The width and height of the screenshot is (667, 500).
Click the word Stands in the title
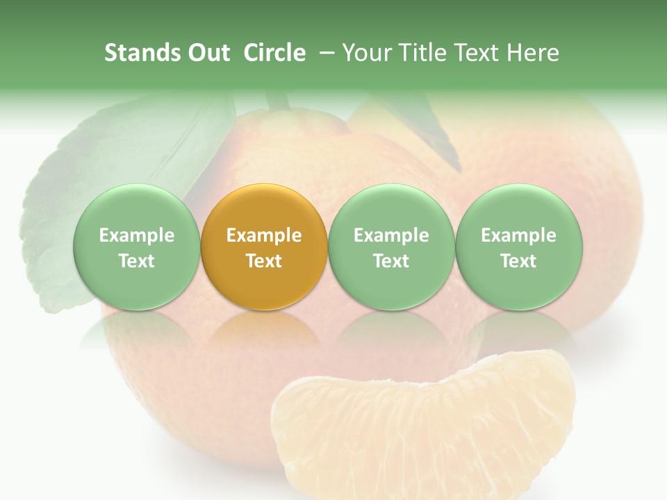pyautogui.click(x=142, y=53)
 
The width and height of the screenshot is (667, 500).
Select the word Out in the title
pyautogui.click(x=208, y=53)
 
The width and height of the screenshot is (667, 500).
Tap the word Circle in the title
pyautogui.click(x=274, y=53)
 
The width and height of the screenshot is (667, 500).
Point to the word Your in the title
pyautogui.click(x=366, y=53)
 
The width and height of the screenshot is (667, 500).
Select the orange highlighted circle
pyautogui.click(x=264, y=247)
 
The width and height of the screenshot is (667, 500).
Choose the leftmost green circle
pyautogui.click(x=136, y=247)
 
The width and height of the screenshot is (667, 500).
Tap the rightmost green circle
pyautogui.click(x=519, y=247)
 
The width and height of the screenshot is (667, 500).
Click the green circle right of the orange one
pyautogui.click(x=391, y=247)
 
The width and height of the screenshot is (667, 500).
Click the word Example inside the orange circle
pyautogui.click(x=264, y=235)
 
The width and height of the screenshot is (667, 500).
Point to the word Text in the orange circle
pyautogui.click(x=264, y=261)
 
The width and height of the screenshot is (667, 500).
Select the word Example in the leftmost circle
pyautogui.click(x=136, y=235)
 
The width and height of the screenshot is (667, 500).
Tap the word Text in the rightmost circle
pyautogui.click(x=519, y=261)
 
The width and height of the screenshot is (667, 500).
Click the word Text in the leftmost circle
pyautogui.click(x=136, y=261)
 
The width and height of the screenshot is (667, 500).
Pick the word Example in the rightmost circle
pyautogui.click(x=519, y=235)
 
